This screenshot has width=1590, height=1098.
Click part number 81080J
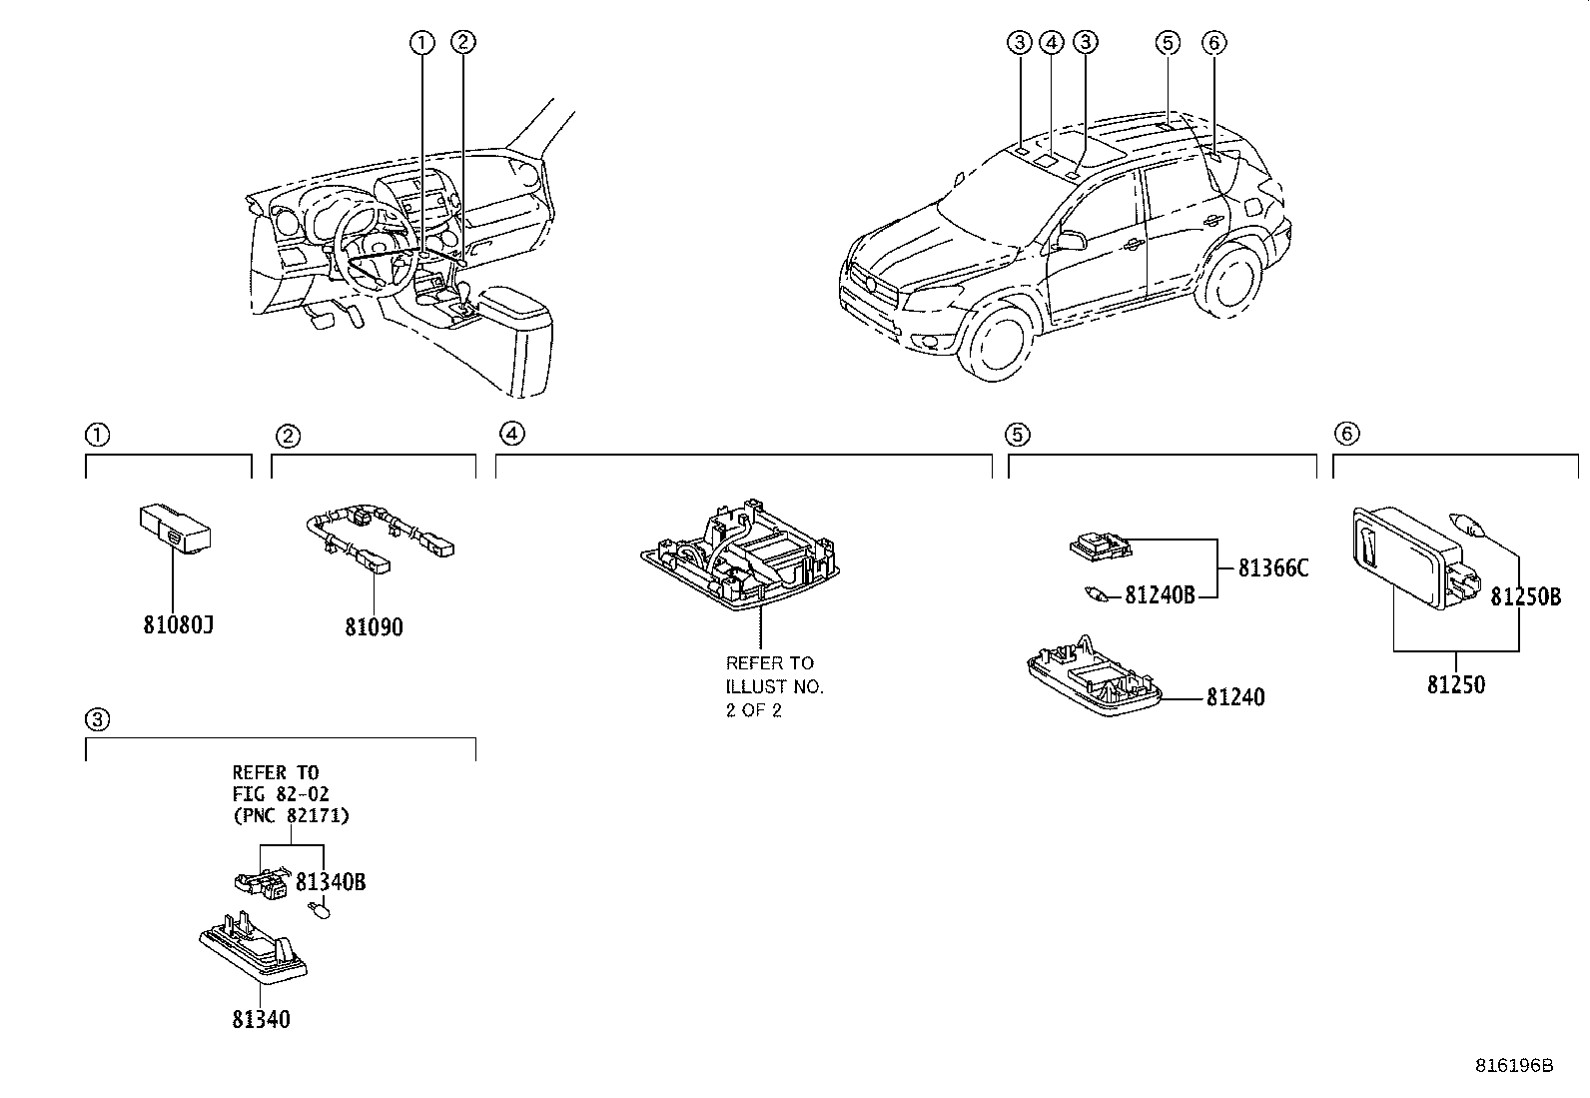click(179, 626)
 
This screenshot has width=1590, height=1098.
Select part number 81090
click(375, 627)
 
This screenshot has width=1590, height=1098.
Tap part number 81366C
click(1272, 568)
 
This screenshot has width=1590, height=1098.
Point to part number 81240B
click(1160, 595)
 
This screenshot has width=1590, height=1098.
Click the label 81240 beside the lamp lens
click(1234, 697)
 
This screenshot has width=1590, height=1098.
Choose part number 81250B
click(1525, 597)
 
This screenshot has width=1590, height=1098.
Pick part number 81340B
click(330, 882)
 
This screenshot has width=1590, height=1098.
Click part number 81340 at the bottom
click(261, 1019)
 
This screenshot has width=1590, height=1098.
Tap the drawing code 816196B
click(1514, 1065)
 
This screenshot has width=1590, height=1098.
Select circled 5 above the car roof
click(1167, 42)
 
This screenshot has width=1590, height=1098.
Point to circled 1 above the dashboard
click(421, 42)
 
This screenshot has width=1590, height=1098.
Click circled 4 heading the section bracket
click(511, 434)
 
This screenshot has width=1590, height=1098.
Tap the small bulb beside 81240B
click(1099, 595)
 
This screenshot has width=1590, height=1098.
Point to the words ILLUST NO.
click(774, 686)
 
